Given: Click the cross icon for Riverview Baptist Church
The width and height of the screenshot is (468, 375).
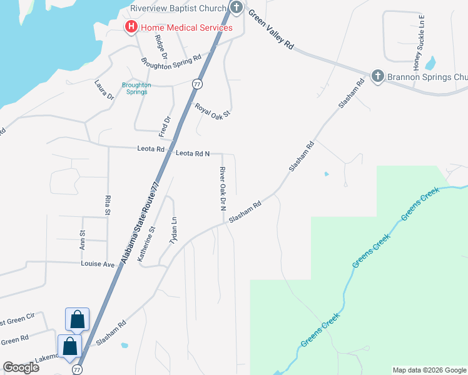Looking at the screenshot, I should tap(236, 8).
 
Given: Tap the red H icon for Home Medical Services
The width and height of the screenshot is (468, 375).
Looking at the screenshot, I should tap(131, 27).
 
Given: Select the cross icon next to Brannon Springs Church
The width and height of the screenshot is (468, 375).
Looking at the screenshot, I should tap(377, 76).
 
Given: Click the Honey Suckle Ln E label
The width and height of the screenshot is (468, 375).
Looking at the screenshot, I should tap(417, 42).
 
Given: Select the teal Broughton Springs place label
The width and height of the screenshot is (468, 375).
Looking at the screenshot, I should tap(136, 88).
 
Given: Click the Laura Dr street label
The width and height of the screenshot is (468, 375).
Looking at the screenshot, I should tap(104, 89).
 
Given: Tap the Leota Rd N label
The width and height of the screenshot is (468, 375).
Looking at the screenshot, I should tap(192, 153).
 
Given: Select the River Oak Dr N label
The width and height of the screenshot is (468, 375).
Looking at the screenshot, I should tap(221, 189).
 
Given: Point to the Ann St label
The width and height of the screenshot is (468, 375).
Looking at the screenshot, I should tap(82, 240).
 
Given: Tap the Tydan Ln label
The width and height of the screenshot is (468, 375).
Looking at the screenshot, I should tap(175, 231).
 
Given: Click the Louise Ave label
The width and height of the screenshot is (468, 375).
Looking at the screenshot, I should tap(98, 264).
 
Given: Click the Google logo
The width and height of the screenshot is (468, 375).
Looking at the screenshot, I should tap(21, 367).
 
